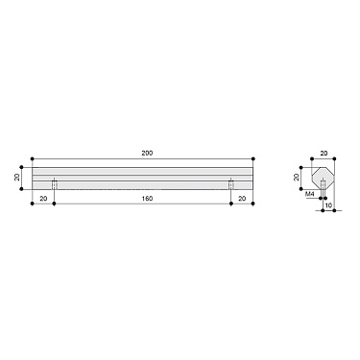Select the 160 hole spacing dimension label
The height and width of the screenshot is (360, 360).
142,199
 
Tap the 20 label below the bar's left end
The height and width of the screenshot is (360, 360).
43,199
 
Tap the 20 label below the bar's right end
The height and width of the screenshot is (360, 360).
241,199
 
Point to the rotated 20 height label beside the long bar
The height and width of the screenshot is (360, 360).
17,178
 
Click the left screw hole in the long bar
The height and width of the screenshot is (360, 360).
55,184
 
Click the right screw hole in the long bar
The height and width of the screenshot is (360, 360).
230,184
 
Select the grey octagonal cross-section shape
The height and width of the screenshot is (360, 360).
324,180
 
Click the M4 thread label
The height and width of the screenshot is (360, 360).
309,194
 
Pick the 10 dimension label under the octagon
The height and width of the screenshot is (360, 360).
328,204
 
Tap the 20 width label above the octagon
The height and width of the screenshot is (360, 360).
324,153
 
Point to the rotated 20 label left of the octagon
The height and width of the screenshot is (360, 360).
297,179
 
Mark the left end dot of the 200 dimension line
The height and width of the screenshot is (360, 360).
32,158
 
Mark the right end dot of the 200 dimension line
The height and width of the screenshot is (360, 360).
253,158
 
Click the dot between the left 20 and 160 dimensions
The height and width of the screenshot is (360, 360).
55,204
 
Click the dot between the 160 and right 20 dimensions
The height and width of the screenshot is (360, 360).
230,204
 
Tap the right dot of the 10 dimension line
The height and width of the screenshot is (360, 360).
335,211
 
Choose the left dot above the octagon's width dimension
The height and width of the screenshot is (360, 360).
313,158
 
